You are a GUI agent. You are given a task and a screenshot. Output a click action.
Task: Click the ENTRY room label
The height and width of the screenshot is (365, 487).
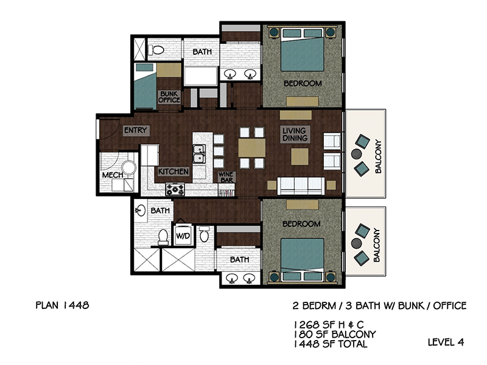click(x=136, y=130)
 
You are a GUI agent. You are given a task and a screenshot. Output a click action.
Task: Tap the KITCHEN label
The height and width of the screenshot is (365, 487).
click(x=173, y=172)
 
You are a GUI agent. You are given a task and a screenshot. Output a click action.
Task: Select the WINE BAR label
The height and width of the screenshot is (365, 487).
click(x=226, y=177)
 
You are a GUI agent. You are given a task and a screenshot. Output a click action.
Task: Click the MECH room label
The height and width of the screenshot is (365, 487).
click(x=113, y=175)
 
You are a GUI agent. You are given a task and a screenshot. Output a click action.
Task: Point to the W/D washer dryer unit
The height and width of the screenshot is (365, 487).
click(x=183, y=235)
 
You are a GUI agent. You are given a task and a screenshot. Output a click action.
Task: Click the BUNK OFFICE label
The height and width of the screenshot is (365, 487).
click(x=169, y=97)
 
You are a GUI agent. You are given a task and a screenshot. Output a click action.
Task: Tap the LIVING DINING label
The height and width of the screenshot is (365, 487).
click(x=295, y=134)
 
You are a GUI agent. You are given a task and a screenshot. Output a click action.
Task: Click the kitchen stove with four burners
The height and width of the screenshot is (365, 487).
click(x=175, y=189)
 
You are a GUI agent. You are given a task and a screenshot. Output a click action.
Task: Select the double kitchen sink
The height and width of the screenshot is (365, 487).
click(x=199, y=154)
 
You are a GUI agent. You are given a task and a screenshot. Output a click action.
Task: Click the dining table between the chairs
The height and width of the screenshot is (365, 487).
click(x=252, y=148)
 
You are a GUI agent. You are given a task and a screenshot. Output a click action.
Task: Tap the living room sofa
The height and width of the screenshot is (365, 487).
click(x=301, y=186)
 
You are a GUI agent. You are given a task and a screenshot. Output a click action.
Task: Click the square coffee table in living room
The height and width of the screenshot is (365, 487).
click(x=300, y=156)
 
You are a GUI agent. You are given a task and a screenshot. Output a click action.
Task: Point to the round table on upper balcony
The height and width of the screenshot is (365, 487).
click(x=356, y=154)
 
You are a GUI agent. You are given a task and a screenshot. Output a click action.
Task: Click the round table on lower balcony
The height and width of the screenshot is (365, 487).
click(x=356, y=243)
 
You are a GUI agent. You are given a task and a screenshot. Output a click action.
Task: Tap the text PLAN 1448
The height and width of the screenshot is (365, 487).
click(x=63, y=305)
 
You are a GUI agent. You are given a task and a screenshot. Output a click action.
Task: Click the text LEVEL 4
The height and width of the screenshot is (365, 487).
click(x=446, y=342)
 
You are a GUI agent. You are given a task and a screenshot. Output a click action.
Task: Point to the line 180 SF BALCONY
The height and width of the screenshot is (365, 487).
click(x=334, y=334)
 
